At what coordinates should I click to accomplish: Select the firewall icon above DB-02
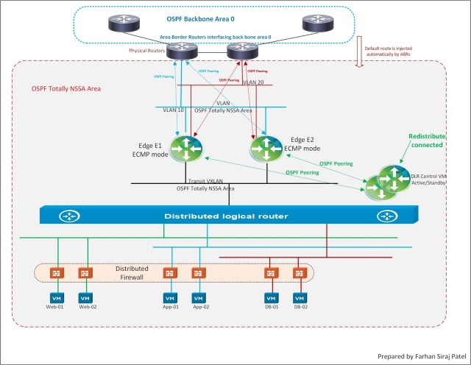pyautogui.click(x=300, y=272)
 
